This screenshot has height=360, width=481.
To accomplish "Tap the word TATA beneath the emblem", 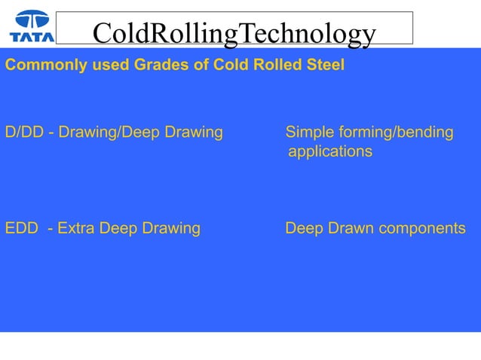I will tap(31, 35).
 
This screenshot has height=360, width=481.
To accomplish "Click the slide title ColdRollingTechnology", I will tap(234, 33).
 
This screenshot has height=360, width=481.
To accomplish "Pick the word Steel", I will tap(324, 66).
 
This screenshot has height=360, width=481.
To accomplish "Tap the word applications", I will tap(330, 152).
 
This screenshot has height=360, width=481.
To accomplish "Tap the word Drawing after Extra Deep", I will tap(173, 228).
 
